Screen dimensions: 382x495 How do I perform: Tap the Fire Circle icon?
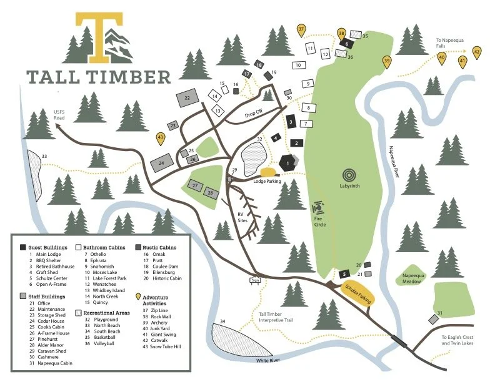click(318, 206)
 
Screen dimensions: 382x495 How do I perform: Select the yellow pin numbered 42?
click(477, 52)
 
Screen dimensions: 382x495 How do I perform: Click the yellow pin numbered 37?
click(301, 29)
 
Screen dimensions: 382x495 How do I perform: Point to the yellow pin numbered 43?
click(161, 138)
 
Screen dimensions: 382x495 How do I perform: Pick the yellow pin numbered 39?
click(387, 61)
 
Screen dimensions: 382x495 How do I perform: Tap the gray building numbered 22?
click(187, 98)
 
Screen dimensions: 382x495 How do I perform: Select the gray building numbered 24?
click(161, 163)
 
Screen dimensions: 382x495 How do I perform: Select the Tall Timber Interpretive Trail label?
click(276, 317)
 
